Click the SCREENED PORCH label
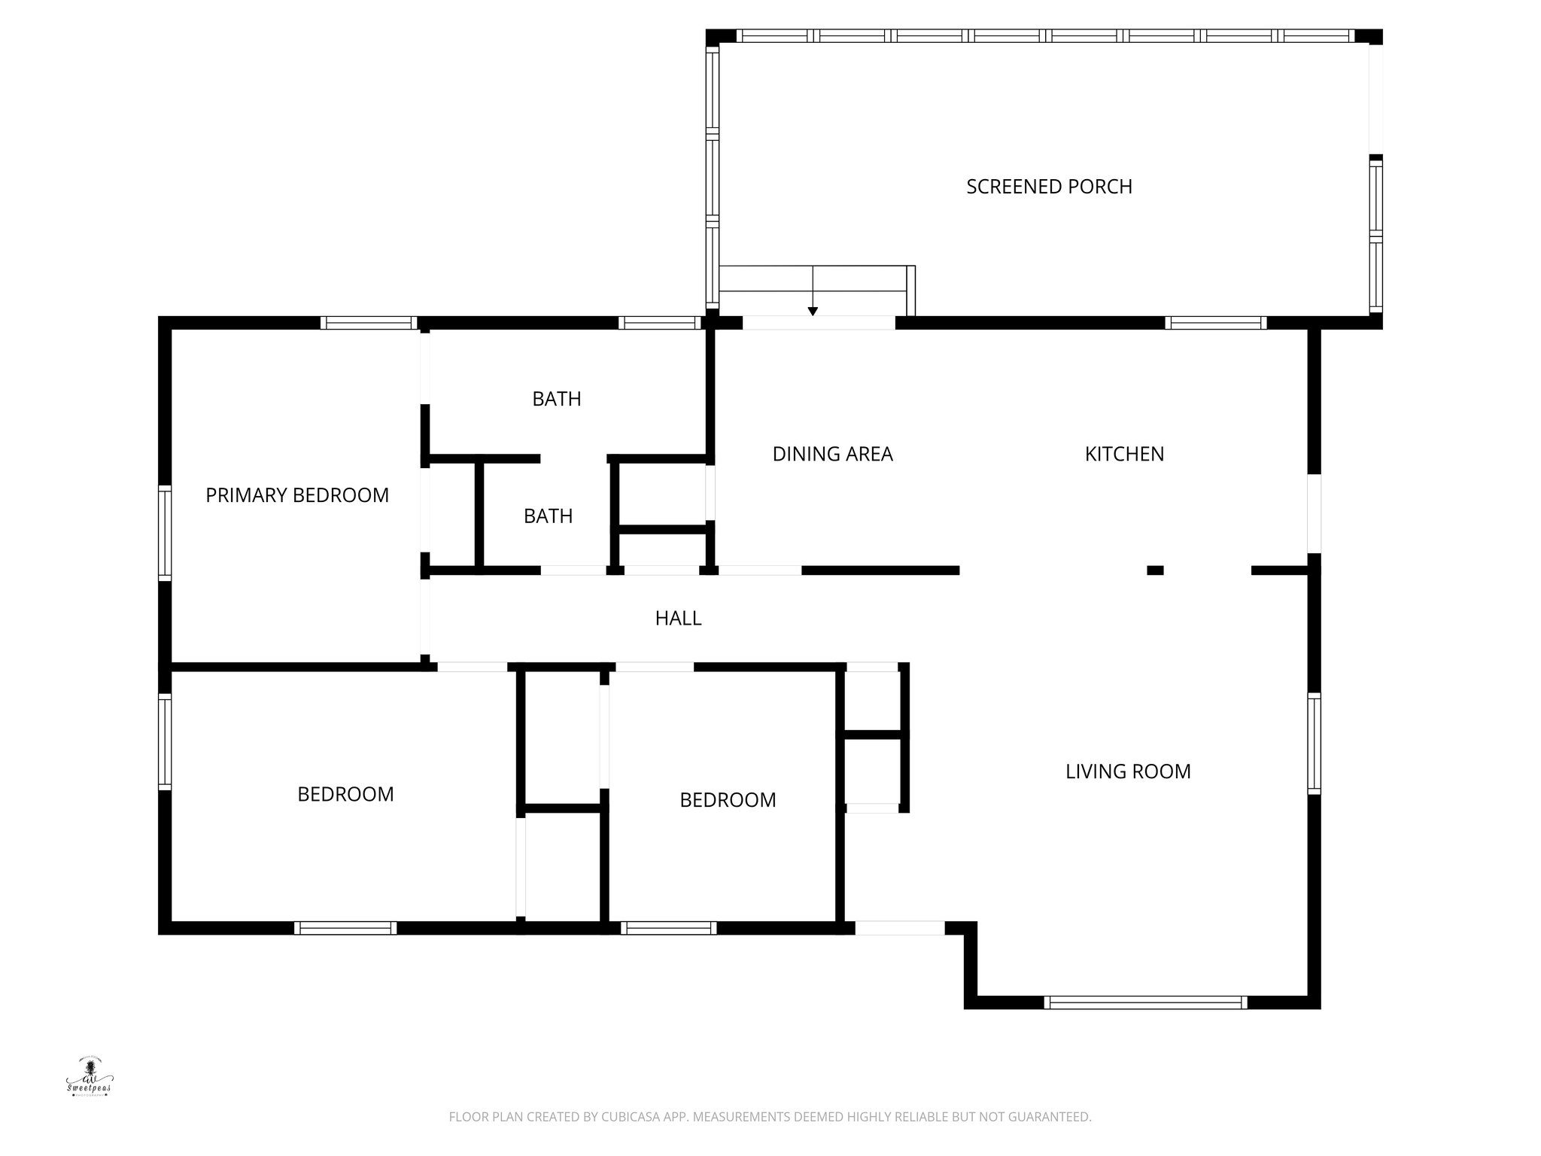[1049, 187]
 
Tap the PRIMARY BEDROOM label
[297, 495]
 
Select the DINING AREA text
[832, 454]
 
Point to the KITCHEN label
[1124, 454]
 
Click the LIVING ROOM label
[1128, 771]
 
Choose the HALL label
[678, 618]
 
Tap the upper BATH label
[557, 399]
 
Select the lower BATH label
[548, 516]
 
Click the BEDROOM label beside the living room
[728, 800]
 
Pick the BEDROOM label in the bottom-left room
[345, 795]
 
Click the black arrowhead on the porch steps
[813, 311]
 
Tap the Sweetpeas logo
[89, 1078]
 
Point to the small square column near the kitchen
[1155, 570]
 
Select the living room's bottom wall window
[1145, 1002]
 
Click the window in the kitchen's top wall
[1216, 323]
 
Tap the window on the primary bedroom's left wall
[165, 533]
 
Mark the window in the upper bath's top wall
[660, 323]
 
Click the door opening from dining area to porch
[819, 323]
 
